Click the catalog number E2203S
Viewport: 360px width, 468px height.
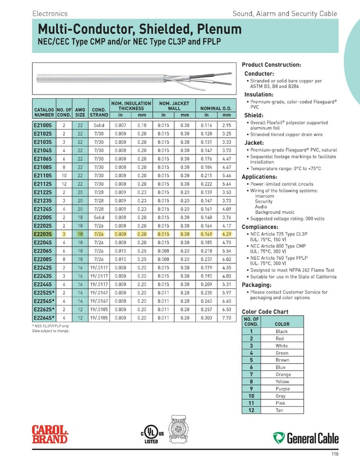(x=43, y=234)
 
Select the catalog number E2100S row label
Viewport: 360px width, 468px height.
(x=43, y=126)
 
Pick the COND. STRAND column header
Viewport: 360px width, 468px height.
(x=99, y=112)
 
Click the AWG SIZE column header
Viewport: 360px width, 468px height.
(x=80, y=112)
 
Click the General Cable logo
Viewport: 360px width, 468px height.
(x=306, y=438)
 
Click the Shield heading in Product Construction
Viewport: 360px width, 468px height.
(x=254, y=115)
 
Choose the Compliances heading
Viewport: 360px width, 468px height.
(x=261, y=227)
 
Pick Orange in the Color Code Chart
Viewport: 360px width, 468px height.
(x=282, y=374)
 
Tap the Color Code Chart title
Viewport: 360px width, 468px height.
(x=265, y=312)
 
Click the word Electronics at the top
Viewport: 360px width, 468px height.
(x=50, y=14)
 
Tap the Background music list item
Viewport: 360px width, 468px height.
(x=274, y=212)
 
